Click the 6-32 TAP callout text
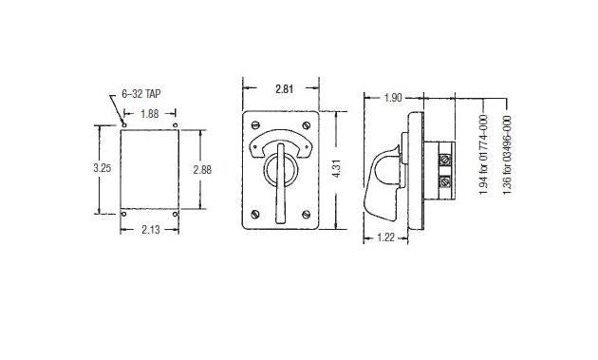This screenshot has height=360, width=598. [x=141, y=95]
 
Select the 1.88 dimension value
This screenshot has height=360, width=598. [x=150, y=113]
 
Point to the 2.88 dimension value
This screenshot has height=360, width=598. [x=201, y=168]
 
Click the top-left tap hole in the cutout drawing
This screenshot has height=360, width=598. [x=124, y=125]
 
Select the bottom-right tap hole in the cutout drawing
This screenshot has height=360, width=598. [x=177, y=213]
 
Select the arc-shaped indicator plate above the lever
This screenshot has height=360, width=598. [x=281, y=142]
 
